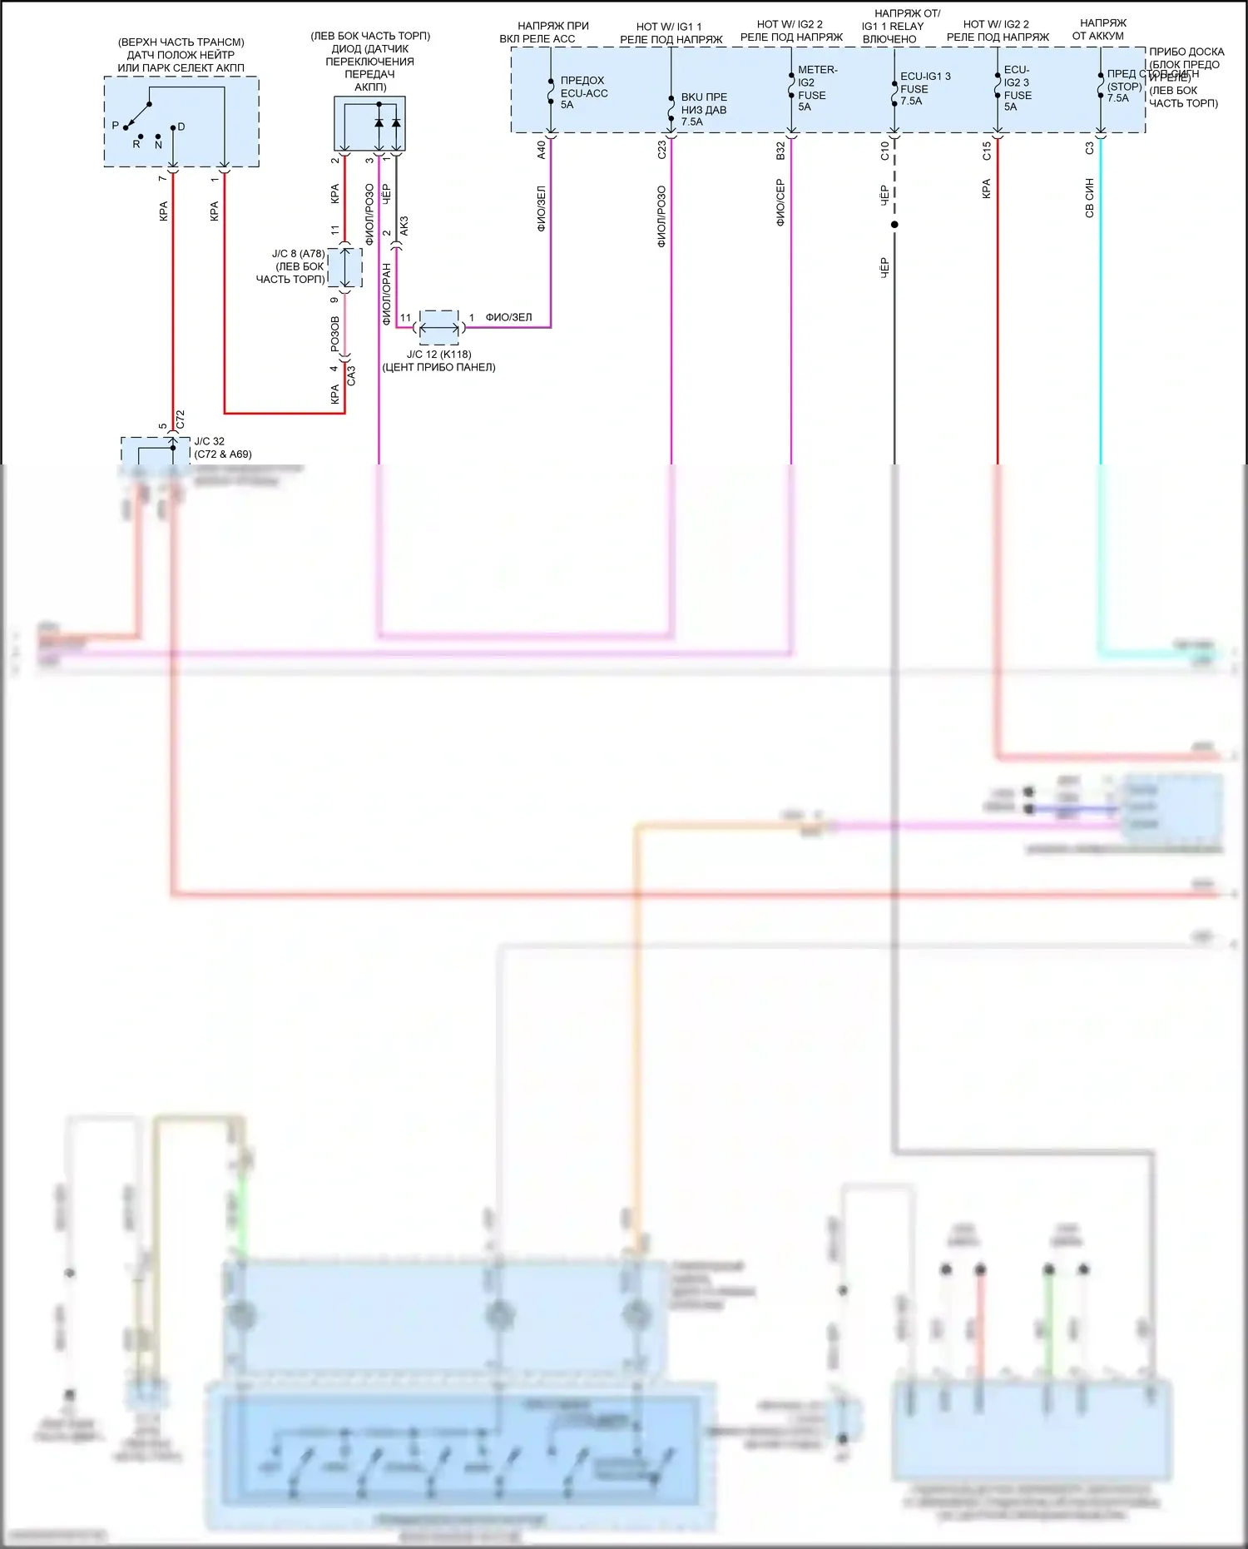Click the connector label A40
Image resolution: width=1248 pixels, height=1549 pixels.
[x=541, y=150]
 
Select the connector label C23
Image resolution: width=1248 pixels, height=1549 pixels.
[x=661, y=150]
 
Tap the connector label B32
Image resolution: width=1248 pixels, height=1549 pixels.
[x=780, y=151]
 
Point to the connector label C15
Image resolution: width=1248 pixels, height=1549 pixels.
[x=987, y=151]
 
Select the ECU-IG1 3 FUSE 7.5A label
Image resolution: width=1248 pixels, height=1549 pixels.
[x=924, y=88]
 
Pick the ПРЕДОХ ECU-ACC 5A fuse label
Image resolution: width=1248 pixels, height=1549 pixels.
[x=583, y=92]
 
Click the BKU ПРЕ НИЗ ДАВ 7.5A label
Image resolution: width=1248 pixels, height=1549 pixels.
[x=703, y=109]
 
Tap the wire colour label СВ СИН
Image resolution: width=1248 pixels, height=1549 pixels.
[x=1089, y=198]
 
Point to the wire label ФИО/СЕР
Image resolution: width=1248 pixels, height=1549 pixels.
[x=780, y=203]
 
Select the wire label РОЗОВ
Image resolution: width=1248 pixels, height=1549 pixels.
[x=335, y=333]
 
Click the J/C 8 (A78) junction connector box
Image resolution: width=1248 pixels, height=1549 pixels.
[x=345, y=267]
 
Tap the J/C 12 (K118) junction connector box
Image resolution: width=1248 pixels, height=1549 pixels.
[x=438, y=327]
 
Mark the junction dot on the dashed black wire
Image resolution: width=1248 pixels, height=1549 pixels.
[x=894, y=225]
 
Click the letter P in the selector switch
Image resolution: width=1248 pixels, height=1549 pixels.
[x=116, y=125]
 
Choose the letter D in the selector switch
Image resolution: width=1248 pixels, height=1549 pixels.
[x=181, y=127]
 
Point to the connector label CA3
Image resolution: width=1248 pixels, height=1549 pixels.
[x=351, y=375]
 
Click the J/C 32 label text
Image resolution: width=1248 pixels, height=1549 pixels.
[x=210, y=441]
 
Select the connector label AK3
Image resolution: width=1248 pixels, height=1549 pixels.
[x=404, y=226]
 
